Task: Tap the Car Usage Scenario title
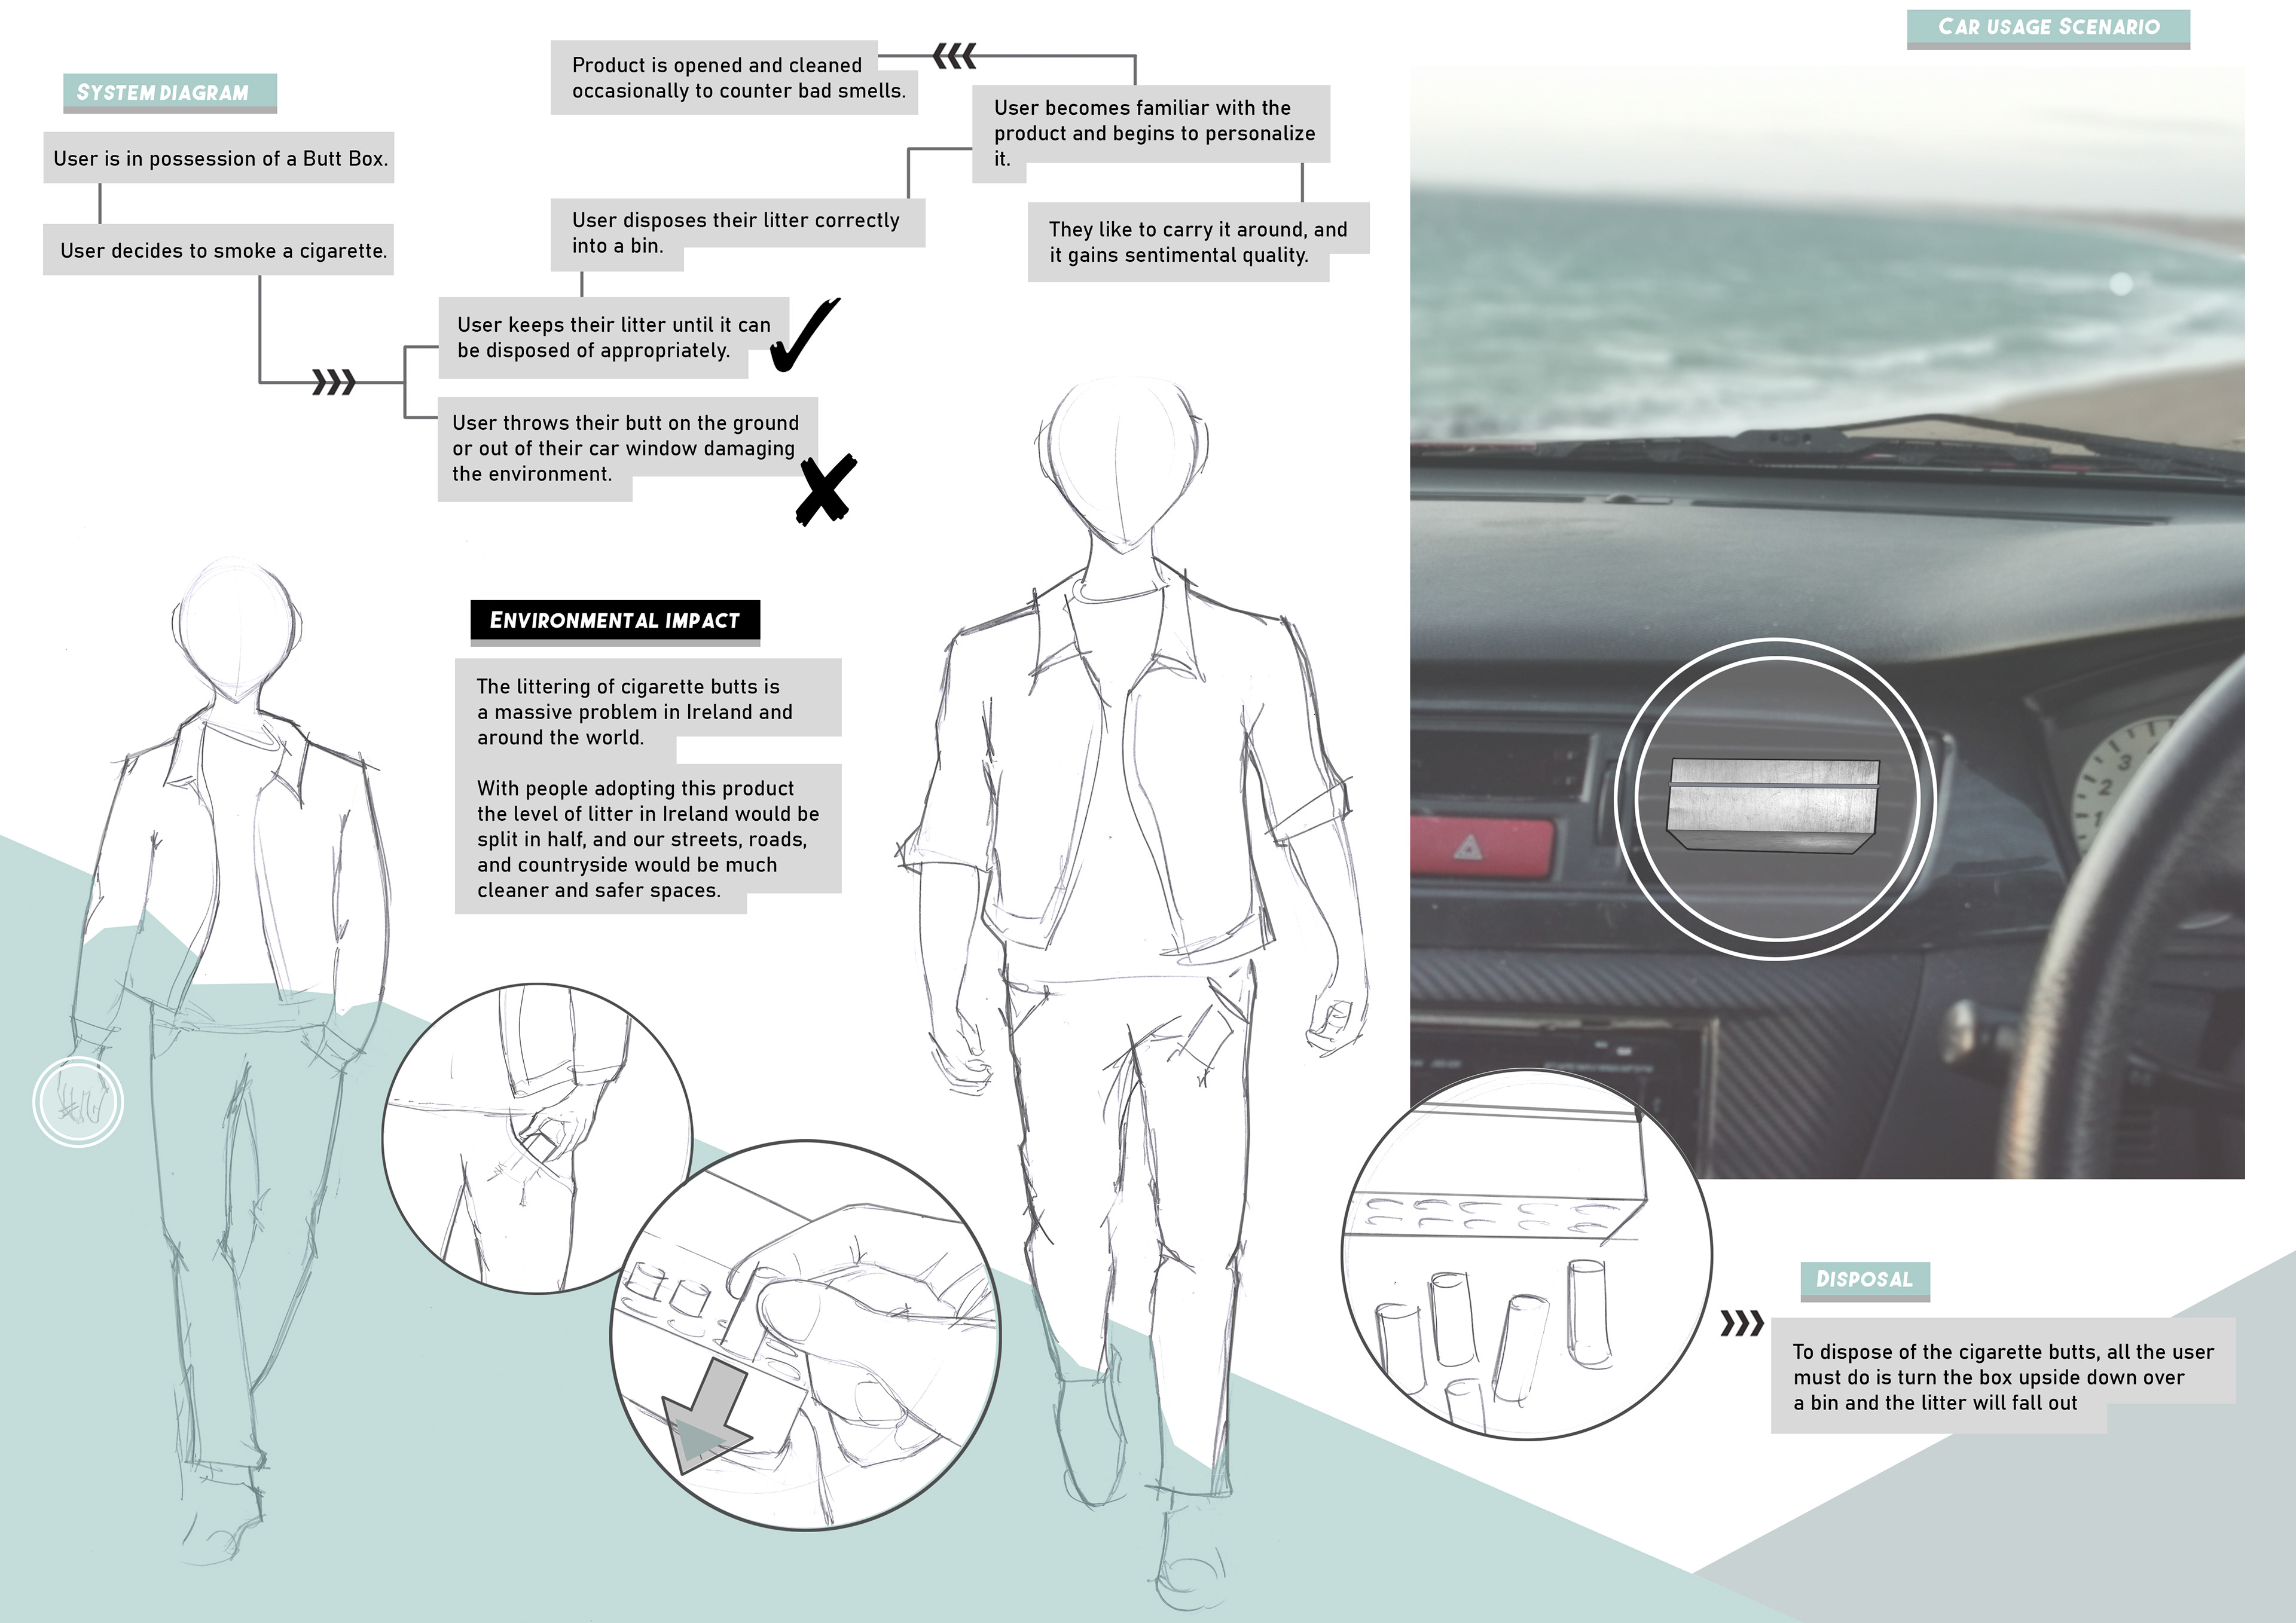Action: pyautogui.click(x=2048, y=27)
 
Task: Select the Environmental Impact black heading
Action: pyautogui.click(x=614, y=620)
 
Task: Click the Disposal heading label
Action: pyautogui.click(x=1864, y=1279)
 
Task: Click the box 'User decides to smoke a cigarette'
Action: pyautogui.click(x=218, y=250)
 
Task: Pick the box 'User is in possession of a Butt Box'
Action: pyautogui.click(x=218, y=158)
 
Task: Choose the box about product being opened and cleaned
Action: pyautogui.click(x=733, y=78)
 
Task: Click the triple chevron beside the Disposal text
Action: pyautogui.click(x=1741, y=1324)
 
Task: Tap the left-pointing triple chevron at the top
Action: pyautogui.click(x=954, y=57)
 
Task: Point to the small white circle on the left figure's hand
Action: pyautogui.click(x=78, y=1101)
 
